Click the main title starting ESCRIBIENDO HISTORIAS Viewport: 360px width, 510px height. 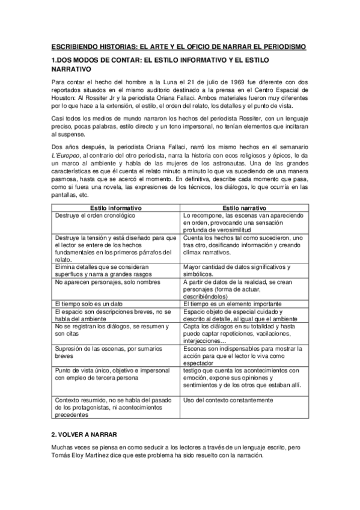(178, 46)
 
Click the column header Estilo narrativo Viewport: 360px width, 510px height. (244, 207)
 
